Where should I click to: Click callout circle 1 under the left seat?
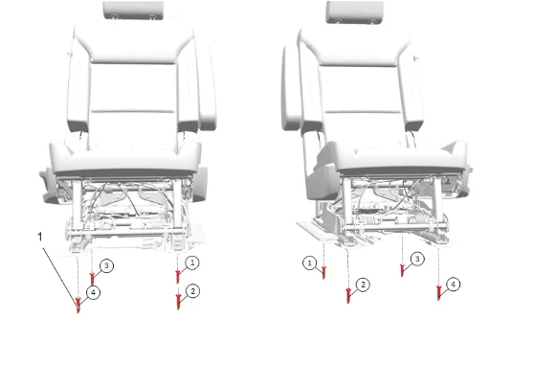coord(192,262)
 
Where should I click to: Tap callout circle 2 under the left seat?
coord(192,291)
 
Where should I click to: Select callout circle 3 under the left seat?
coord(106,265)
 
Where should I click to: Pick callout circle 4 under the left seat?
coord(93,293)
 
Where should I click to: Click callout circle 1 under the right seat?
coord(310,263)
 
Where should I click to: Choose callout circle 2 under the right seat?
coord(363,285)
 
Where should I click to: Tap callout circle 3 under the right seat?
coord(417,259)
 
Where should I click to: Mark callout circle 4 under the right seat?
coord(453,285)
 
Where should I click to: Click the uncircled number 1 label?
coord(40,237)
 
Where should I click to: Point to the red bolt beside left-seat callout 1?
coord(178,277)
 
